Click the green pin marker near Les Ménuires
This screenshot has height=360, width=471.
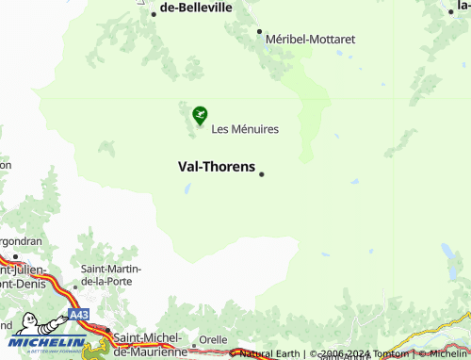[x=200, y=115]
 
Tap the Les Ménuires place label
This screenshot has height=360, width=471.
[x=245, y=129]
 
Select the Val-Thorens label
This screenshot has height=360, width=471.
[x=217, y=167]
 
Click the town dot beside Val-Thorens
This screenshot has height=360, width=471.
[x=262, y=173]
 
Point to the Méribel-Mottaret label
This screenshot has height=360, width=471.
[x=310, y=40]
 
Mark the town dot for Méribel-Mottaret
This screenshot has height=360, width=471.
[x=260, y=31]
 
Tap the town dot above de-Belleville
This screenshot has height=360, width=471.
[x=153, y=14]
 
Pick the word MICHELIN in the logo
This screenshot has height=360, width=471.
[x=47, y=342]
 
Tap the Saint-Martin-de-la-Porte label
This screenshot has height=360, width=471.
[x=111, y=275]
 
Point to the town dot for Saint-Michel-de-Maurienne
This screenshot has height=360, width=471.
[x=107, y=333]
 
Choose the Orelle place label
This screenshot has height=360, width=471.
[x=213, y=341]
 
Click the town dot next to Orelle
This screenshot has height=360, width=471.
[x=194, y=345]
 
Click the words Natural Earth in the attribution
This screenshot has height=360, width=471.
[x=269, y=353]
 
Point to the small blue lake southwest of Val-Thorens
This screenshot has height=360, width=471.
[x=188, y=188]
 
